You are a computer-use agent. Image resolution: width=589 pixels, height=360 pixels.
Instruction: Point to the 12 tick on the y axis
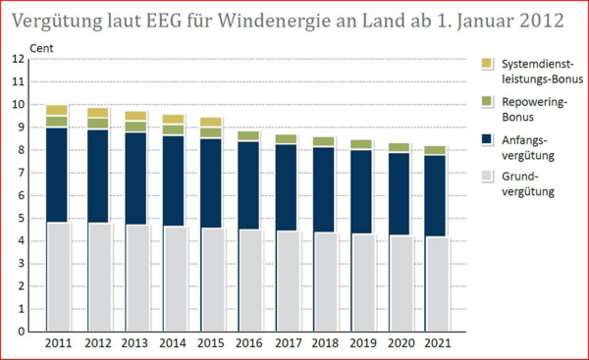(18, 59)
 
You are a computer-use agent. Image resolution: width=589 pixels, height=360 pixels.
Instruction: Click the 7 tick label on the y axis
(20, 173)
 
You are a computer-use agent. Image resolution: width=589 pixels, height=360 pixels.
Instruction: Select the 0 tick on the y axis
(20, 332)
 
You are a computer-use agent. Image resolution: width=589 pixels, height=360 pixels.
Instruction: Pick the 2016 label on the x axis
(248, 344)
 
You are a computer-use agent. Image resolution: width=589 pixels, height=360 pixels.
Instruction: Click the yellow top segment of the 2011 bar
(57, 110)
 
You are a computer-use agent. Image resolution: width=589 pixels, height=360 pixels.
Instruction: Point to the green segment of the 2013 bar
(136, 127)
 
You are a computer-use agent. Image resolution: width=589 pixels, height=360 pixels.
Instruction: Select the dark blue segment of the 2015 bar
(211, 182)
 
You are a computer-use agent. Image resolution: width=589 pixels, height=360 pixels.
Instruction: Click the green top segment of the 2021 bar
(435, 150)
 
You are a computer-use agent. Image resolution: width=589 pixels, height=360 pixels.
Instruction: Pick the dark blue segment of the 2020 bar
(398, 193)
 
